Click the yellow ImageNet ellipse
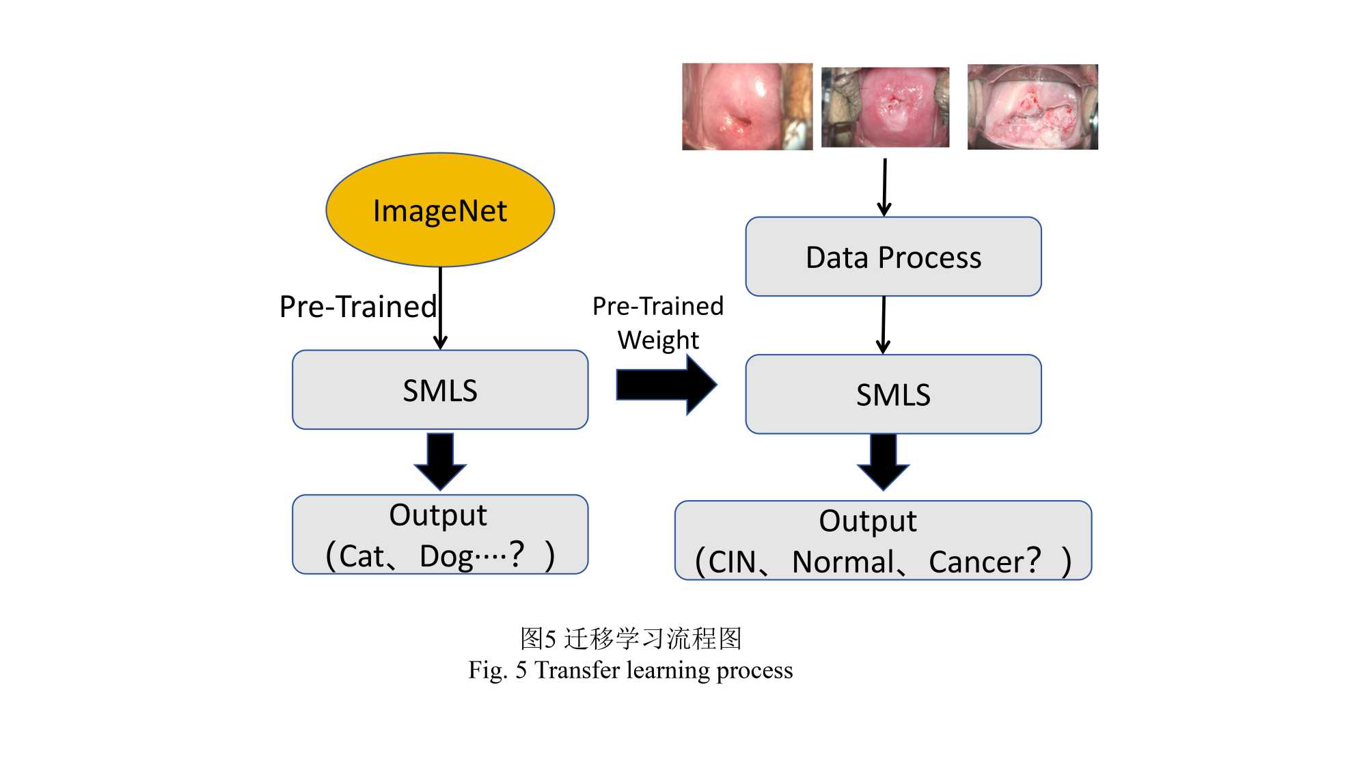[440, 210]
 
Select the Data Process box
[893, 257]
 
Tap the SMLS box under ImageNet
[440, 390]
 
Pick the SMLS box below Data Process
[893, 394]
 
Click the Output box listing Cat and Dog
[440, 534]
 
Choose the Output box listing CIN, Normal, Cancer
[883, 540]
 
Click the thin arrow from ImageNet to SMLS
[441, 307]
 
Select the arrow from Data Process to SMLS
[884, 325]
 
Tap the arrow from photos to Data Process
[885, 187]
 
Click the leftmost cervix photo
[747, 107]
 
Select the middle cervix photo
[885, 107]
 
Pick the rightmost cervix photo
[1033, 107]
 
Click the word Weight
[658, 340]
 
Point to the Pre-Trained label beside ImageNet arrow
[358, 307]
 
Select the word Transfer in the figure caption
[577, 670]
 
